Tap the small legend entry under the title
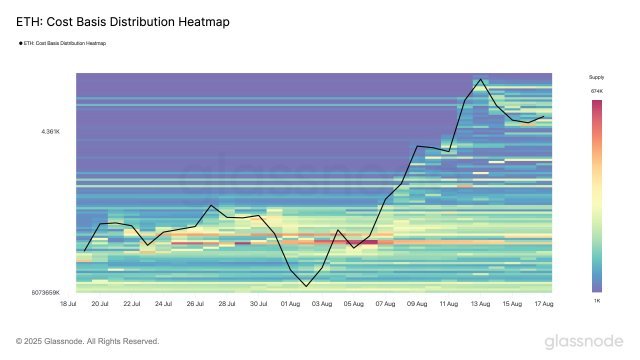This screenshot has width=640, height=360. tap(64, 43)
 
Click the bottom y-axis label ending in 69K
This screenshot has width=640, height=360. tap(47, 292)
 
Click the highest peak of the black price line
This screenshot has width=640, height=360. tap(481, 79)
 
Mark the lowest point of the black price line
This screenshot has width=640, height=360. tap(304, 285)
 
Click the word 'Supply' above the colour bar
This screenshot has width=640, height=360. tap(596, 77)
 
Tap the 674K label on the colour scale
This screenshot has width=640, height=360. tap(596, 91)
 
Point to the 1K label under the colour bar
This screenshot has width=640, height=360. tap(596, 300)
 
